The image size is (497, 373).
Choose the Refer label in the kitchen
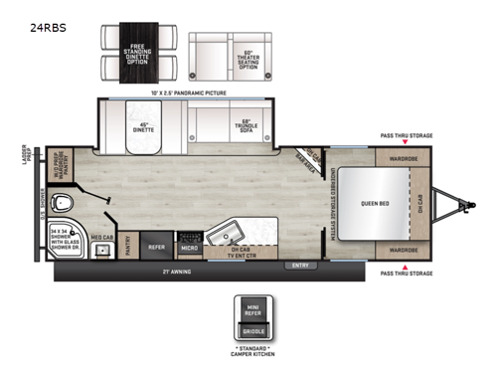(156, 246)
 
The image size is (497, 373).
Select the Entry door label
(299, 265)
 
